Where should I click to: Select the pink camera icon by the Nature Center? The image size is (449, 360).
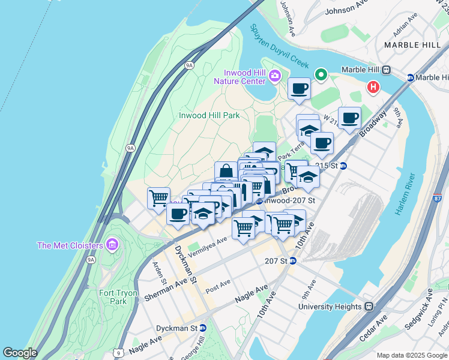(x=275, y=75)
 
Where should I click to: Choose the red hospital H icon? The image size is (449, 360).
(x=373, y=88)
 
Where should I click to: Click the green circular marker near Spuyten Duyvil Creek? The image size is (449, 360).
(x=321, y=75)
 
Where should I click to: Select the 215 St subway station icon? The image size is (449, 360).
(x=343, y=166)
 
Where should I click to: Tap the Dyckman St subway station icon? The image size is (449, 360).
(x=203, y=328)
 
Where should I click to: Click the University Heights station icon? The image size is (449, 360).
(x=369, y=306)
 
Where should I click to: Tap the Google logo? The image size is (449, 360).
(x=20, y=353)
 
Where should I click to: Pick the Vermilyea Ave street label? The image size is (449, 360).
(x=207, y=247)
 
